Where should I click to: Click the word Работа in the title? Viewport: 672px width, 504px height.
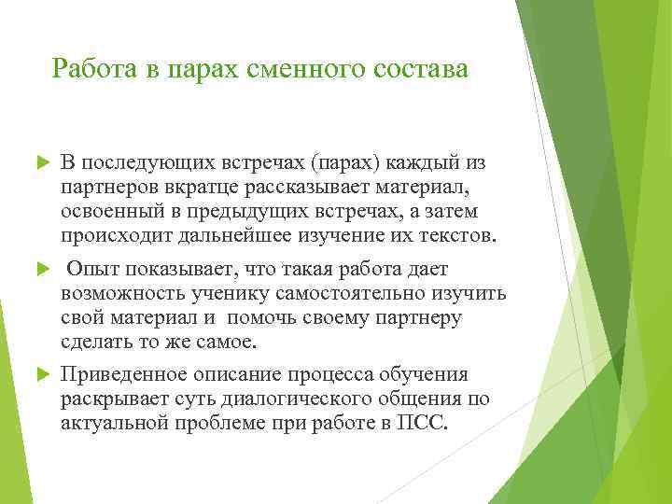88,69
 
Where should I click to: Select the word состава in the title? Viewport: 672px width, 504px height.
417,69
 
